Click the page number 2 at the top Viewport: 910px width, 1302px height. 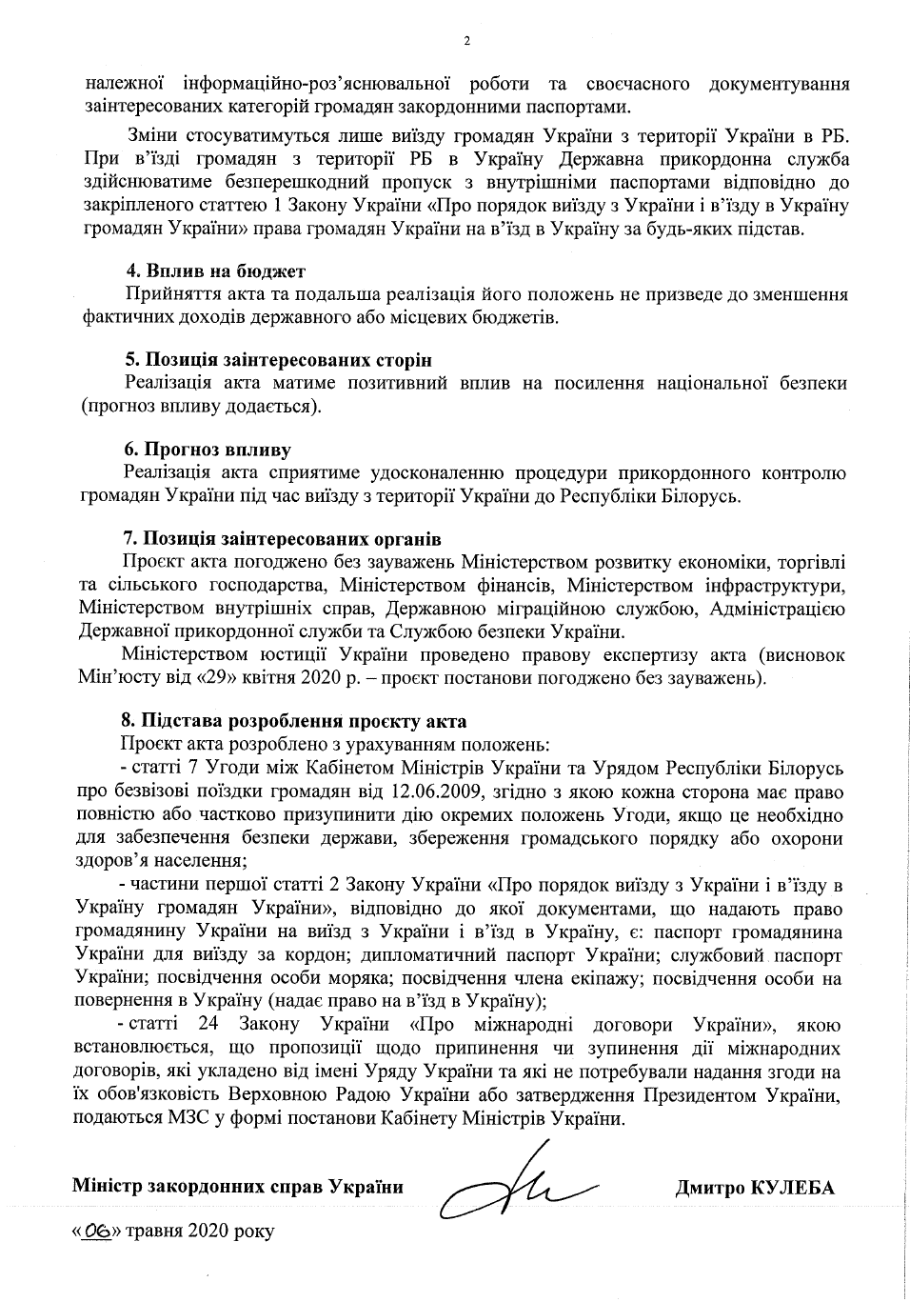(x=465, y=41)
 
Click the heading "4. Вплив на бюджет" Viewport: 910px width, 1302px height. (x=215, y=271)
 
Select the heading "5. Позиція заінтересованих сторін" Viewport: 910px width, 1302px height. (x=278, y=360)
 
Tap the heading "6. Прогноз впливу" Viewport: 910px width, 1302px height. (x=208, y=450)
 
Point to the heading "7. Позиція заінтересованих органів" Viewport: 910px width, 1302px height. (x=282, y=539)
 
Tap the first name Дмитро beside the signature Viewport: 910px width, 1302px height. (x=710, y=1188)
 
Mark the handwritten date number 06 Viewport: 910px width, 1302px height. (x=97, y=1231)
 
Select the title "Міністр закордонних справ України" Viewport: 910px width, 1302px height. (x=237, y=1188)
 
